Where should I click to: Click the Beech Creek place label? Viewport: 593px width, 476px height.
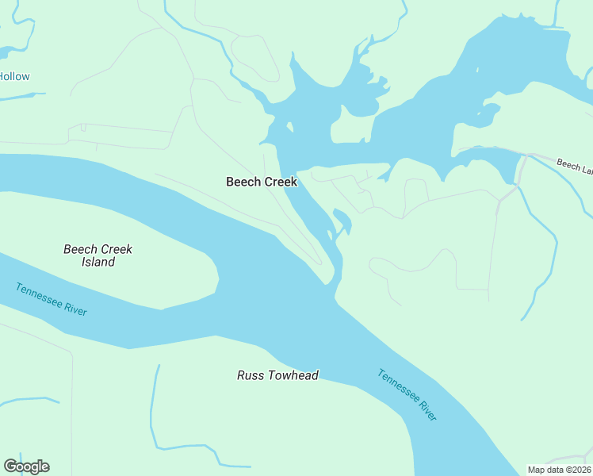[x=261, y=182]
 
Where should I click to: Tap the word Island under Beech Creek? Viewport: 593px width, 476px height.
[x=98, y=262]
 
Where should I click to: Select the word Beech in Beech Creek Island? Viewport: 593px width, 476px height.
[x=79, y=249]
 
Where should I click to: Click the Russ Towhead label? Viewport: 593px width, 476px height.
[x=277, y=375]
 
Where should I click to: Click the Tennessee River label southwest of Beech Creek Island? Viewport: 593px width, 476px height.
[x=51, y=299]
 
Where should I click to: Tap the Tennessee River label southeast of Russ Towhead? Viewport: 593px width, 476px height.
[x=407, y=395]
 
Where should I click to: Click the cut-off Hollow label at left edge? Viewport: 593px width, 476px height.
[x=14, y=77]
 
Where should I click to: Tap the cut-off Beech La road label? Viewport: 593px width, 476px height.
[x=574, y=166]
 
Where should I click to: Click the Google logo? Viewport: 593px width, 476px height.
[x=26, y=466]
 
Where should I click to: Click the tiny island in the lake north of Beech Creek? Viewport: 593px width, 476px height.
[x=291, y=127]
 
